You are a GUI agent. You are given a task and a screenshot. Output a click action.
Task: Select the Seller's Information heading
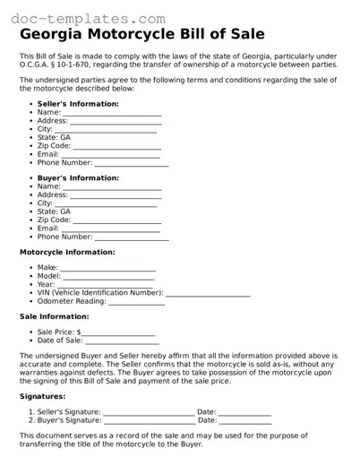[x=78, y=104]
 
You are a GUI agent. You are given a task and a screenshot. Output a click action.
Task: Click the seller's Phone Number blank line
[x=132, y=164]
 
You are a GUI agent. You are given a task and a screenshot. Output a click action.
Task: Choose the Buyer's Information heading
[x=78, y=177]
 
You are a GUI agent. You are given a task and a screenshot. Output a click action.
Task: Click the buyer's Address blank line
[x=116, y=195]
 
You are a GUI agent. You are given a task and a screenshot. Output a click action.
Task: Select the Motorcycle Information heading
[x=67, y=253]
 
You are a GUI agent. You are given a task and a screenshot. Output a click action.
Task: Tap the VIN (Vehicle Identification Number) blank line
[x=208, y=294]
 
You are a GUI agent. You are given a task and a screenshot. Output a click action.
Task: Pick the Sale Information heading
[x=53, y=316]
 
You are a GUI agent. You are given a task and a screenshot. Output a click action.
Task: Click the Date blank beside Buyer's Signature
[x=245, y=421]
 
